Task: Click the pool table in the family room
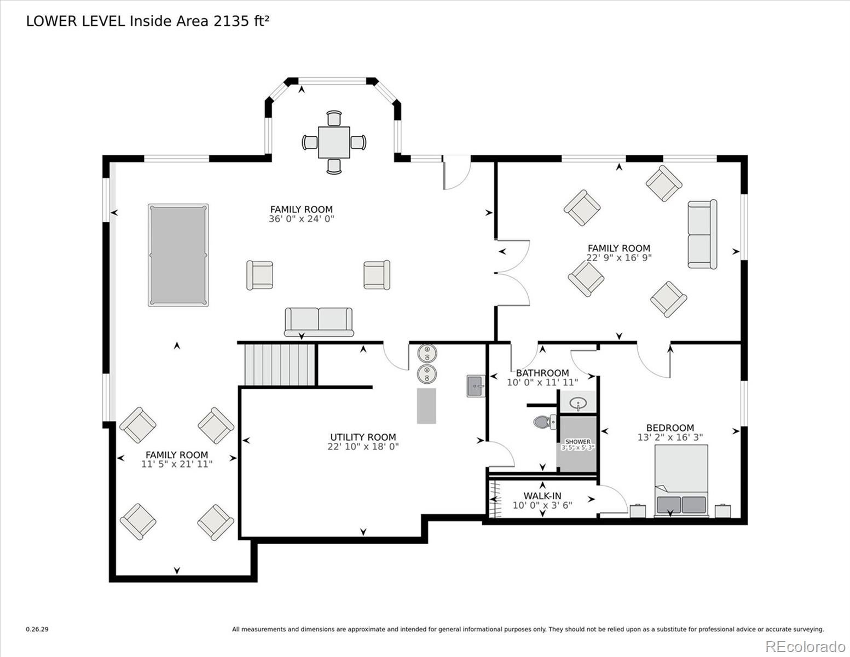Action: point(178,255)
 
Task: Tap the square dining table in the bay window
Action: point(334,142)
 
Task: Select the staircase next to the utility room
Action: point(280,365)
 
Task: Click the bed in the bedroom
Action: point(681,480)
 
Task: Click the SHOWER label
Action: point(577,441)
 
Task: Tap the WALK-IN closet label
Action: point(542,496)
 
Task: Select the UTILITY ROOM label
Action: point(363,437)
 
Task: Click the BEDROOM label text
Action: point(670,428)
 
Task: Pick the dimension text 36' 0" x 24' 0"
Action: point(301,218)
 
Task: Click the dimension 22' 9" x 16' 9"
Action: point(619,257)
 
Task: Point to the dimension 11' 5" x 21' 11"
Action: point(177,464)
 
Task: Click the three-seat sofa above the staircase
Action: point(319,321)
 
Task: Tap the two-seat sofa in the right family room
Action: point(702,234)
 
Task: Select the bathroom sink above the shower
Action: point(578,404)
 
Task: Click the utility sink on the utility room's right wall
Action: point(476,385)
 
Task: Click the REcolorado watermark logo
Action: point(805,646)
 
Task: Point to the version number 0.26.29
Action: point(37,630)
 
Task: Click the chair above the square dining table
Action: point(334,118)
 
